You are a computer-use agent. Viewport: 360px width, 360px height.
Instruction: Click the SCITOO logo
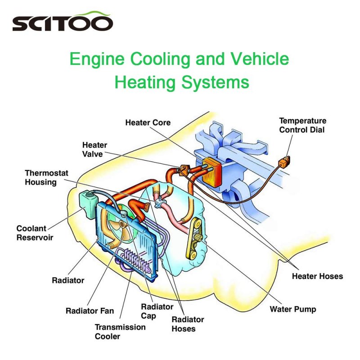tap(63, 22)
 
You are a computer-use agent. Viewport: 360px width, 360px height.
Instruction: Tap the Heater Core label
tap(148, 122)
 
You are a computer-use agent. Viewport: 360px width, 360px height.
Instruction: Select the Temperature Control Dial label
tap(302, 125)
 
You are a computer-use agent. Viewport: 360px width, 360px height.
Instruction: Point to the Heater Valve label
tap(94, 149)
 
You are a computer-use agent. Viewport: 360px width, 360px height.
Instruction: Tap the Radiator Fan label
tap(90, 310)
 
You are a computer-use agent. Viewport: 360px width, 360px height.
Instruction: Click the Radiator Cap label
tap(157, 311)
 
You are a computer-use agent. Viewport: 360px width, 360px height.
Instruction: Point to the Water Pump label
tap(292, 309)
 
